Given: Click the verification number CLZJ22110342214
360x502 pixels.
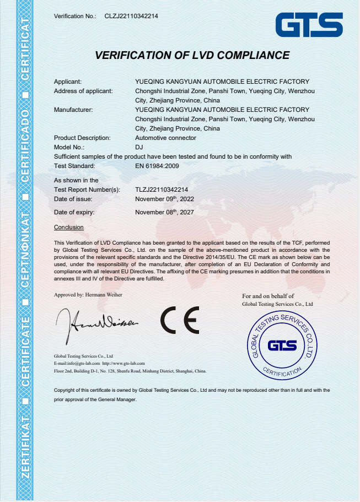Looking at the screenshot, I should (131, 17).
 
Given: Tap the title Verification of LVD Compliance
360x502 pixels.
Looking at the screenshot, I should (192, 55).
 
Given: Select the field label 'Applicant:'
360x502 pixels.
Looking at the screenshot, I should (68, 82).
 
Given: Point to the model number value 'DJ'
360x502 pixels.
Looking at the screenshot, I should (139, 147).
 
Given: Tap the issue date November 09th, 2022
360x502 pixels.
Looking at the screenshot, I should (164, 198).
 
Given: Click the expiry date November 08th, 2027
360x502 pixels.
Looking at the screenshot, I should (164, 212).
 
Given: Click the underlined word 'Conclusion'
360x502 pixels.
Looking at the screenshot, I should (69, 227).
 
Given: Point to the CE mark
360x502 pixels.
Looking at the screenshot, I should (180, 320).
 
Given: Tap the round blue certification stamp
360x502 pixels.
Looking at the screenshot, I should (282, 345).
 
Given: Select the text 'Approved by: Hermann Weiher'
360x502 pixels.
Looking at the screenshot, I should (88, 295).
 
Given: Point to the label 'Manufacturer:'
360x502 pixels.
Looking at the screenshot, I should (73, 110).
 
